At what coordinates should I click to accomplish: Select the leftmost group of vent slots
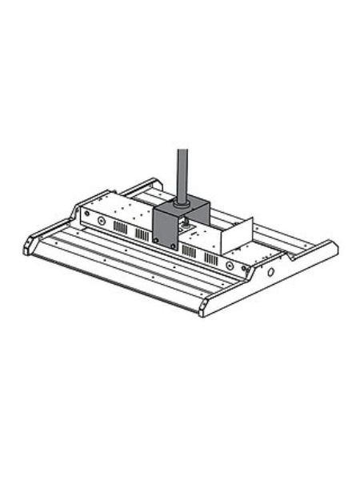119,227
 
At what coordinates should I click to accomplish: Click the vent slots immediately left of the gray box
142,234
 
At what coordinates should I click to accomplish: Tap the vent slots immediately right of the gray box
190,250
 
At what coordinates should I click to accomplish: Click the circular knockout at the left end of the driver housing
102,221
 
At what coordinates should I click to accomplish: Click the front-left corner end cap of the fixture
33,244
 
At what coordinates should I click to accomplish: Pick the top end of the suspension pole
182,149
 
